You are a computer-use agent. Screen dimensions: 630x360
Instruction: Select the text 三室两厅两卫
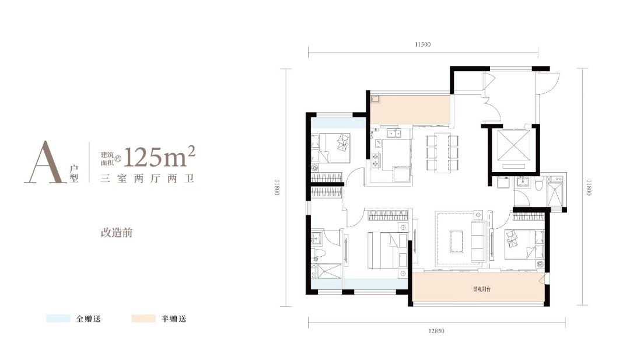pyautogui.click(x=148, y=179)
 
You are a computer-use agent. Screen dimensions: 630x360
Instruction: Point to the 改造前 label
pyautogui.click(x=117, y=233)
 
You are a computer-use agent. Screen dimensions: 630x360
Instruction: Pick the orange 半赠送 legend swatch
pyautogui.click(x=143, y=319)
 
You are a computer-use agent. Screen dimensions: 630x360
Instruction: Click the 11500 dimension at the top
pyautogui.click(x=423, y=44)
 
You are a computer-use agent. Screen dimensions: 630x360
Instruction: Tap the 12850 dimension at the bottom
pyautogui.click(x=436, y=331)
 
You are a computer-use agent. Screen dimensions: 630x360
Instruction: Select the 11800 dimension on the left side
pyautogui.click(x=277, y=187)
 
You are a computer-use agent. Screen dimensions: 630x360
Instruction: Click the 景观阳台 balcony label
pyautogui.click(x=481, y=289)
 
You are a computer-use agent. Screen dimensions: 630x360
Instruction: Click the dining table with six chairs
pyautogui.click(x=442, y=153)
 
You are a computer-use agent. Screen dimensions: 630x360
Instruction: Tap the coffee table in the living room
pyautogui.click(x=456, y=241)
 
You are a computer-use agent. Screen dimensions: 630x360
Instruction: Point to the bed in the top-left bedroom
pyautogui.click(x=331, y=148)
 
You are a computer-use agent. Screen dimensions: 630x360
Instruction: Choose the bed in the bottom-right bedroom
pyautogui.click(x=524, y=244)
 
